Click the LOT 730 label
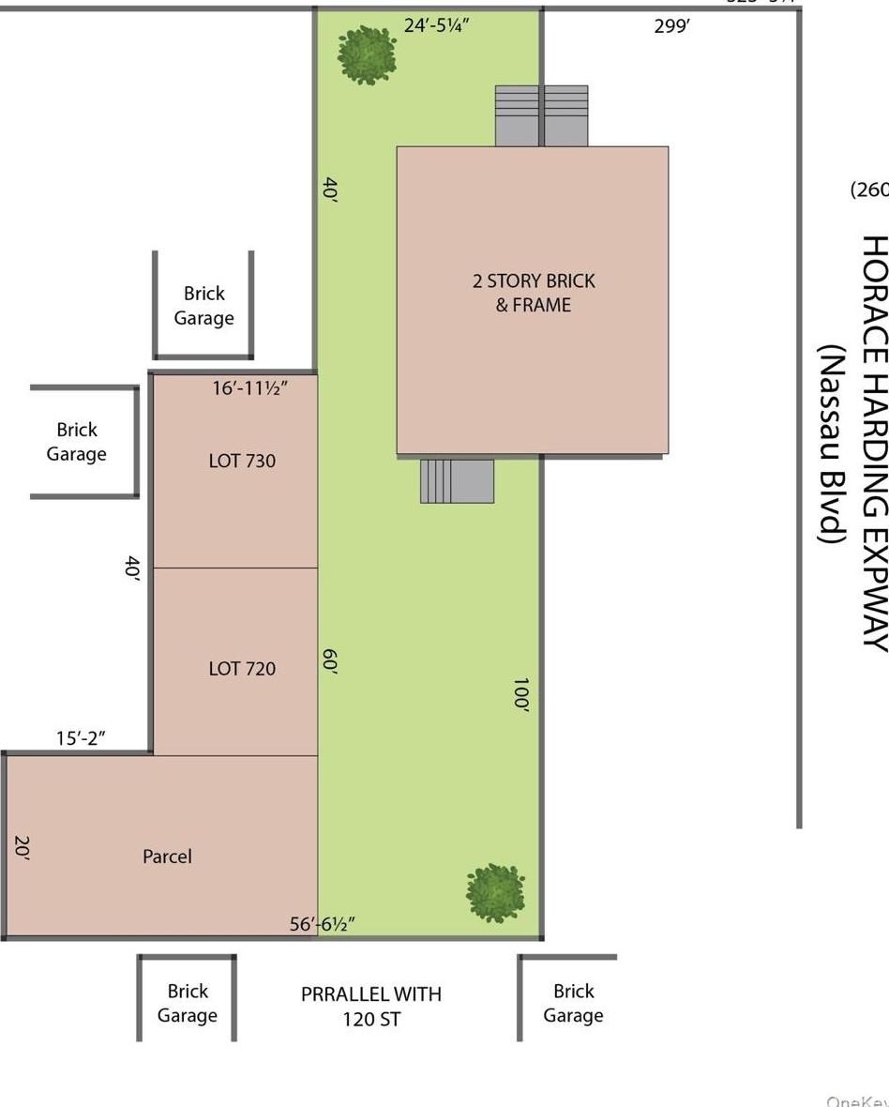(242, 461)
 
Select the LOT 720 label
(242, 668)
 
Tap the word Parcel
(167, 856)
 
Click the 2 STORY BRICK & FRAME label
(533, 293)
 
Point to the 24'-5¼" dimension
(436, 25)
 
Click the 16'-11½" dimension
(249, 387)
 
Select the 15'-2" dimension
(81, 738)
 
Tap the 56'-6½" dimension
(322, 924)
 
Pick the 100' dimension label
(521, 695)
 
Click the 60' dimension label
(329, 662)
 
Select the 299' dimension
(671, 26)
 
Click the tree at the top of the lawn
(367, 54)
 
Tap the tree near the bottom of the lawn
(495, 892)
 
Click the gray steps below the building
(457, 480)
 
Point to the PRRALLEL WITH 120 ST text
(371, 1006)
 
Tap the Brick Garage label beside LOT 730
(76, 442)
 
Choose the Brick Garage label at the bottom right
(573, 1003)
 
